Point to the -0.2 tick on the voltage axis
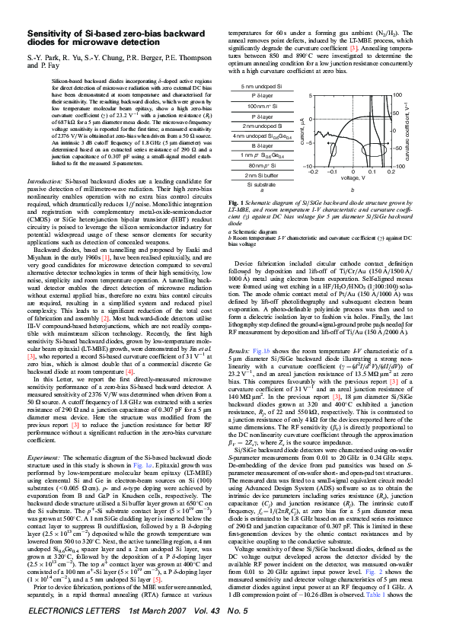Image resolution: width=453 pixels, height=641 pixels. click(313, 172)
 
